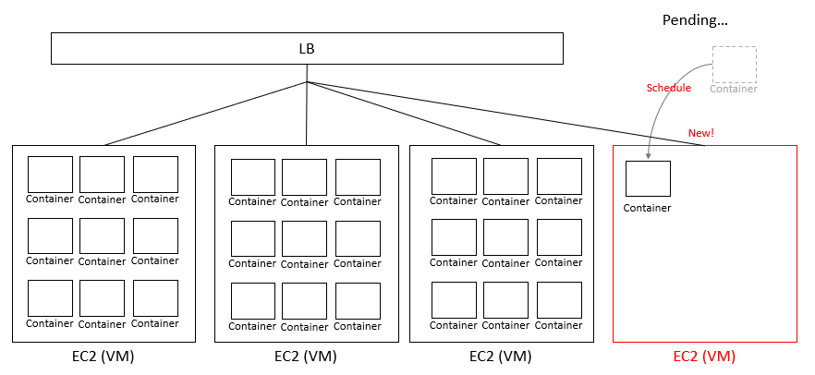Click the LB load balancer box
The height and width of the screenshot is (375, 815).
[x=306, y=49]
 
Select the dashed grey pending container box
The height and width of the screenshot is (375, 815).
[x=734, y=64]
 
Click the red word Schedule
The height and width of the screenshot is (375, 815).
[x=668, y=88]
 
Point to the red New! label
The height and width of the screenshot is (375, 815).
[x=700, y=133]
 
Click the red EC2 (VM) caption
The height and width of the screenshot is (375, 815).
[x=704, y=357]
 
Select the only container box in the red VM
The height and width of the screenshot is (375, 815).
[x=648, y=178]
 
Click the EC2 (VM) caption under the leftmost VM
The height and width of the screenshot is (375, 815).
[x=103, y=357]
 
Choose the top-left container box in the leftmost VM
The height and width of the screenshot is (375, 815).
[x=50, y=174]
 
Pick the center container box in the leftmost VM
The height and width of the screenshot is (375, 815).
[x=102, y=236]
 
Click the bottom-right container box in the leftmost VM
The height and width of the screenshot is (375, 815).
[x=155, y=298]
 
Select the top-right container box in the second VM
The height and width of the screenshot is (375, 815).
[x=358, y=176]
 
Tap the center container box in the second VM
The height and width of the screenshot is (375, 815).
[x=305, y=238]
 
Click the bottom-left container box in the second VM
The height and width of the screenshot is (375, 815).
[x=253, y=301]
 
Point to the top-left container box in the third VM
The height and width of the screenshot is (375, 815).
[x=454, y=175]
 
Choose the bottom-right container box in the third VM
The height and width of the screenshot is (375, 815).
[x=559, y=300]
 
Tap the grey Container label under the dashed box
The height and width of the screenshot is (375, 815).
[x=734, y=89]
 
